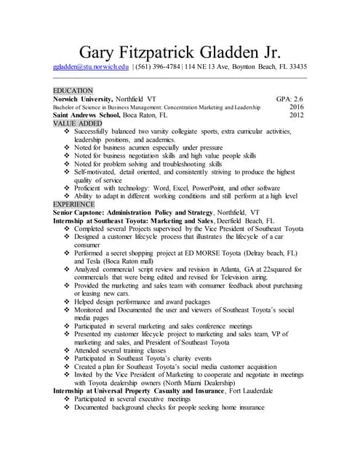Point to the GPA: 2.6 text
[289, 98]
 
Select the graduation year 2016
[296, 106]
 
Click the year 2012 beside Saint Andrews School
[296, 115]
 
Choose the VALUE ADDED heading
[76, 124]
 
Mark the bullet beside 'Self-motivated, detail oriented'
[67, 172]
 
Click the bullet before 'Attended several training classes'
[67, 350]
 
